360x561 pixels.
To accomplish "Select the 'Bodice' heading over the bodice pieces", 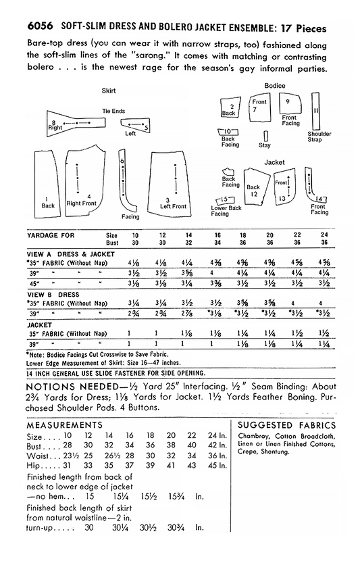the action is click(274, 86).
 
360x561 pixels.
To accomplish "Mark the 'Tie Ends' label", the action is click(113, 111).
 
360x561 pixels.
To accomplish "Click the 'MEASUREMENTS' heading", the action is click(63, 425).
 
